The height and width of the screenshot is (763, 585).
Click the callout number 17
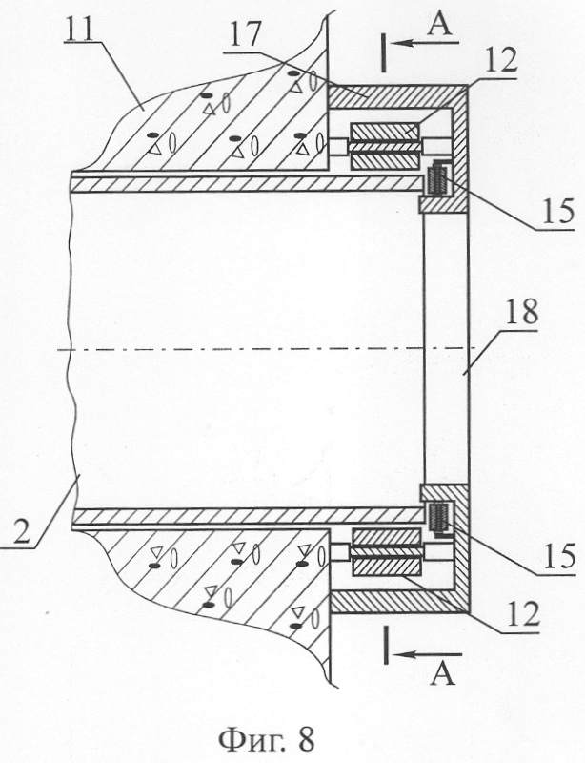click(246, 33)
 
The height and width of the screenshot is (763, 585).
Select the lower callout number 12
click(522, 614)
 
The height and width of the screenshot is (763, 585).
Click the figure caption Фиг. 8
click(267, 739)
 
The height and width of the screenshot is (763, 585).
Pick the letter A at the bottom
click(442, 674)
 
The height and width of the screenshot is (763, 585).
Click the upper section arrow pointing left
click(425, 43)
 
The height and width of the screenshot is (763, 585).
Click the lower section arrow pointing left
click(427, 655)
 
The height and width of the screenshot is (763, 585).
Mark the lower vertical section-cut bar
click(386, 645)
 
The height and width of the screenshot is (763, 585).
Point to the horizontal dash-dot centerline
click(264, 349)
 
